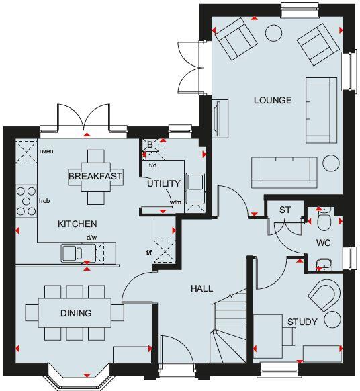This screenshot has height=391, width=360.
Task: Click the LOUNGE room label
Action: (272, 101)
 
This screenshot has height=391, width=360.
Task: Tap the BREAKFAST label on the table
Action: (95, 177)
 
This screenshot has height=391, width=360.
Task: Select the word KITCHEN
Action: (77, 224)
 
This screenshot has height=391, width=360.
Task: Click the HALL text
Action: (201, 288)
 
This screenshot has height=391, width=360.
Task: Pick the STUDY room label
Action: (302, 322)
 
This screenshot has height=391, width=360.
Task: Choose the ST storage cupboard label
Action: (284, 210)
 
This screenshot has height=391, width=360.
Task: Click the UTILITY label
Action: (164, 183)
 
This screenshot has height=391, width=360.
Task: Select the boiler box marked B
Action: (150, 144)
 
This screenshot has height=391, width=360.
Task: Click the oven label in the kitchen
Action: (46, 151)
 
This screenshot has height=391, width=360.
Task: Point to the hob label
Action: (44, 200)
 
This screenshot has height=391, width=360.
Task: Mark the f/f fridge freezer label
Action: (149, 253)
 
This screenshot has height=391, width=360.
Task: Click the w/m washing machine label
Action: (175, 202)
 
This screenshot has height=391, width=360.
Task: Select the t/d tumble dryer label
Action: (152, 165)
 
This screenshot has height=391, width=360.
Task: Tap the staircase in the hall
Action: (228, 329)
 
